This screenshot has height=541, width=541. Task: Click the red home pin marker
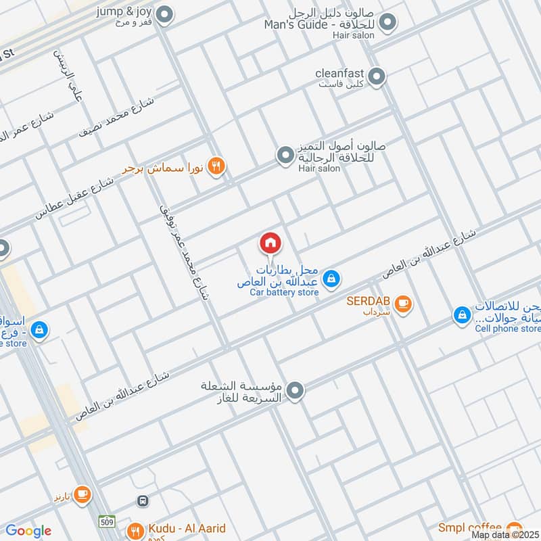coord(270,242)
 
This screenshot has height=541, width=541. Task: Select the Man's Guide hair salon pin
coord(387,24)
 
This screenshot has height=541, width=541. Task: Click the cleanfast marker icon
coord(377,77)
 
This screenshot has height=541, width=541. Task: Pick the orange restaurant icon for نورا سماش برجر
coord(216,166)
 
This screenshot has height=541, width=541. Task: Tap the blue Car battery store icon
coord(331,278)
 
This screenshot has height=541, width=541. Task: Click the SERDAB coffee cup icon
coord(404,304)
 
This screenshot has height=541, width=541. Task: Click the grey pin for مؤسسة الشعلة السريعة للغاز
coord(295,390)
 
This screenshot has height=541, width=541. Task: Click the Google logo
coord(28,532)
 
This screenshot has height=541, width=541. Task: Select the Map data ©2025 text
coord(504,535)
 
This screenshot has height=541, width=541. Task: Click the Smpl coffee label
coord(469,527)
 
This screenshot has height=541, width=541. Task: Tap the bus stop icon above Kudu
coord(143,501)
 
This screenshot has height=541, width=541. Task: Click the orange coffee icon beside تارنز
coord(83,495)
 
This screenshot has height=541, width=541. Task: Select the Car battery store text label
coord(283,293)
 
